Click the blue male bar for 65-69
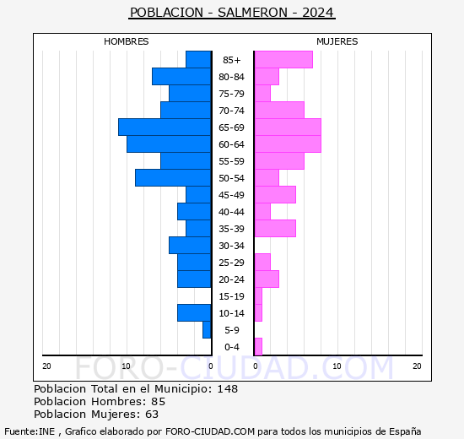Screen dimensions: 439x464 point(165,127)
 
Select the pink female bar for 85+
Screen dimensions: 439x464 point(283,59)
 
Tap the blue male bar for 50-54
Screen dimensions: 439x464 point(173,177)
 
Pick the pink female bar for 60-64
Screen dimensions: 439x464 point(287,144)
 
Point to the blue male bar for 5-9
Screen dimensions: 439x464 point(207,329)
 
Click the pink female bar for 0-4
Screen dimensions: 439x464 point(257,346)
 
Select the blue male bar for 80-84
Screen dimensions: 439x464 point(181,76)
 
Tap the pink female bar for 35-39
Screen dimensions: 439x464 point(274,228)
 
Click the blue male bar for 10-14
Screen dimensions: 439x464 point(194,312)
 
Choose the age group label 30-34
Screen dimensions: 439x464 point(232,246)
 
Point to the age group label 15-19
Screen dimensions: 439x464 point(232,296)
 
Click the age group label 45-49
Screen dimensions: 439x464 point(232,195)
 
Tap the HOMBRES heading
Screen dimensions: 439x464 point(127,41)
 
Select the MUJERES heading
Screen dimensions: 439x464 point(337,41)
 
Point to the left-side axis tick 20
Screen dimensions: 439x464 point(47,366)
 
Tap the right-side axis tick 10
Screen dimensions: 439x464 point(336,366)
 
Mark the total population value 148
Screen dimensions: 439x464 point(227,389)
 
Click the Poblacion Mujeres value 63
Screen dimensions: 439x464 point(151,415)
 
